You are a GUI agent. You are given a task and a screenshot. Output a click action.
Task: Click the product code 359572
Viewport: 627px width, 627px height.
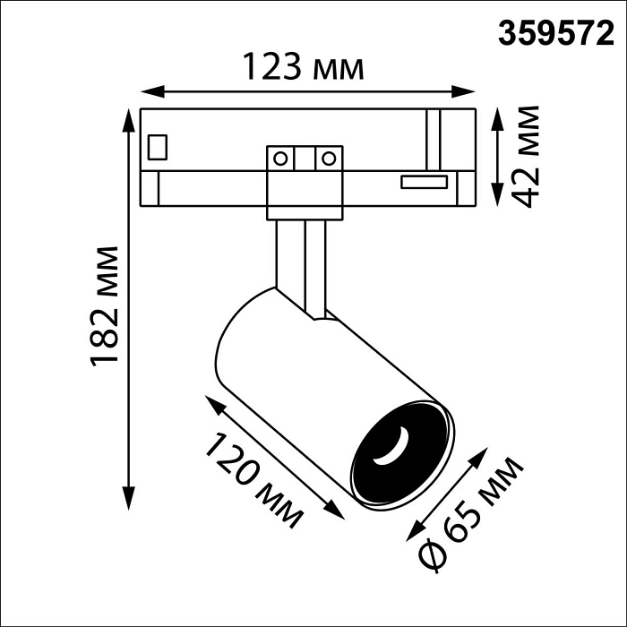point(556,33)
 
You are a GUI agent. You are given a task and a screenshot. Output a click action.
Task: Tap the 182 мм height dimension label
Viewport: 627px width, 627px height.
point(106,305)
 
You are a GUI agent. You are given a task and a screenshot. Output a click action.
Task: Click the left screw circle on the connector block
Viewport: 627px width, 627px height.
point(281,159)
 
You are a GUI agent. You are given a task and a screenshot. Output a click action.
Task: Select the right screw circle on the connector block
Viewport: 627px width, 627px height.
point(329,159)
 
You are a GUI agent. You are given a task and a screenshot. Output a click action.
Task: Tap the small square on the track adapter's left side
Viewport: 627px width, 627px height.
point(159,146)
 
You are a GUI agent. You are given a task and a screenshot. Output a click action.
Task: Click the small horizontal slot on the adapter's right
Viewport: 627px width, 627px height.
point(424,182)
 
